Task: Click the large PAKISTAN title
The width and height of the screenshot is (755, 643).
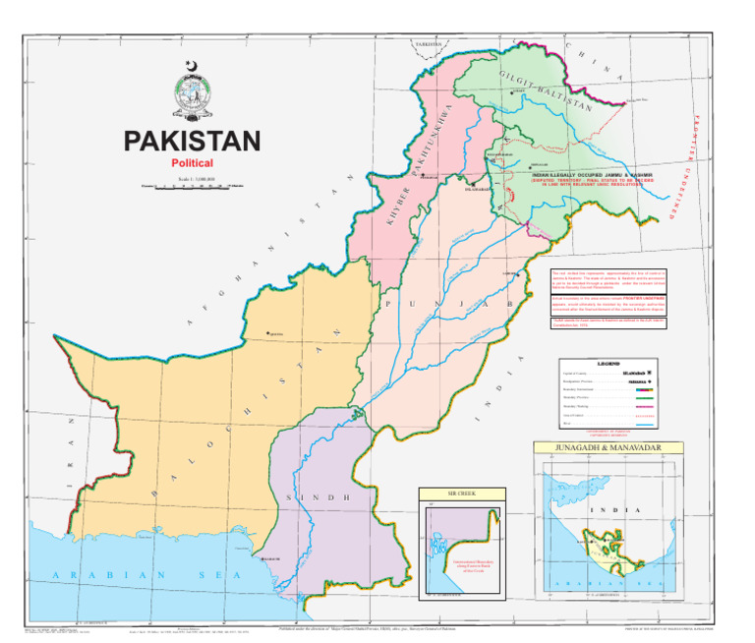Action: [192, 142]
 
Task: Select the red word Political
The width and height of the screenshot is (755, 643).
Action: [192, 163]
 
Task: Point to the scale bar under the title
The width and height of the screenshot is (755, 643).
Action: [192, 185]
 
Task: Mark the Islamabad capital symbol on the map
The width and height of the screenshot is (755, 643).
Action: [472, 183]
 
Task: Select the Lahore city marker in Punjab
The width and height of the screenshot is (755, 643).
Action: [504, 274]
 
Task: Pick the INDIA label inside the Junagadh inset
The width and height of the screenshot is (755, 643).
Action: [601, 510]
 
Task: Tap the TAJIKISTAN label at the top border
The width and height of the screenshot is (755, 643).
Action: [430, 44]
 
